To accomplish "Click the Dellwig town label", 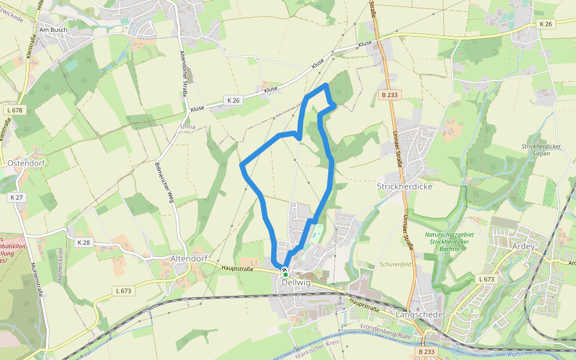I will tap(296, 283).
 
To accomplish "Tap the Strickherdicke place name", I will tap(404, 186).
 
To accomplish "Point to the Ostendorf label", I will tap(27, 163).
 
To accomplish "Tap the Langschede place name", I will tap(419, 314).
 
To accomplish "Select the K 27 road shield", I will tap(16, 197).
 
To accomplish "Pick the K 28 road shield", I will tap(83, 242).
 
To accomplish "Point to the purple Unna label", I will tap(188, 127).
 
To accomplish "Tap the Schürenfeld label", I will tap(394, 264).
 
